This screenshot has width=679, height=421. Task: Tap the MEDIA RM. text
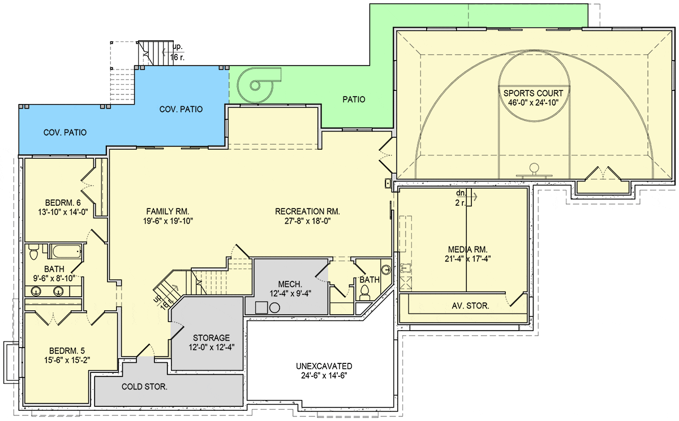coord(468,250)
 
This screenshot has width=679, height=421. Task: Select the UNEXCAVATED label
coord(324,366)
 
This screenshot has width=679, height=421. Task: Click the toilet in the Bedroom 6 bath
coord(33,253)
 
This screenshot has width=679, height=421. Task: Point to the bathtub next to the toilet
coord(66,252)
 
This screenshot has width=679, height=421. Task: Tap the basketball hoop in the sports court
coord(534,171)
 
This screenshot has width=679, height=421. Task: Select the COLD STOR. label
coord(144,387)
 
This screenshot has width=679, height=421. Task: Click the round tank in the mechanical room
coord(274,308)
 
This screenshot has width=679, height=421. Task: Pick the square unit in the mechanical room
coord(261,307)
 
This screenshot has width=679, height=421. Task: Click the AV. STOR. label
coord(470,306)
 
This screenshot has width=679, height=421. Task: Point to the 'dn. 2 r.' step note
coord(461,198)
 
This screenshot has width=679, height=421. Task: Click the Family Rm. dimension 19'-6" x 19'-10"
coord(168,221)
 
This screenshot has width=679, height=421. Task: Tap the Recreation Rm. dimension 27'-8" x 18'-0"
coord(307,221)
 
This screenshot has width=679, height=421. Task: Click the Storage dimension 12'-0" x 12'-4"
coord(212,347)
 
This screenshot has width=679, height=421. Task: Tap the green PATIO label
coord(354,99)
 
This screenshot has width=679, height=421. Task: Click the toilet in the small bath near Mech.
coord(364,293)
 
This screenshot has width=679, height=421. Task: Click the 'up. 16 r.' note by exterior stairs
coord(177,52)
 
